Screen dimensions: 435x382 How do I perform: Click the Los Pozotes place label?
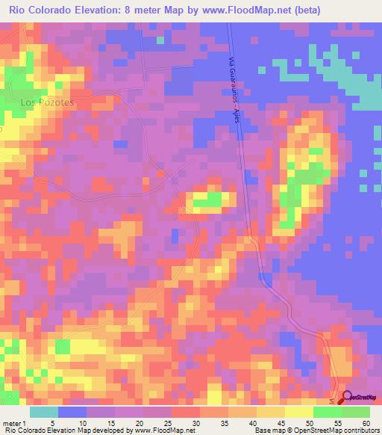[x=48, y=102]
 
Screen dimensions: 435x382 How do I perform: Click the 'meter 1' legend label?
[x=14, y=423]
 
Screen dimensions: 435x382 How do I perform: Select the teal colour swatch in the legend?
[x=43, y=412]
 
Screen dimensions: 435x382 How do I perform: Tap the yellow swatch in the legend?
[x=298, y=412]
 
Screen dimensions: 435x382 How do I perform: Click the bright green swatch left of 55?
[x=327, y=412]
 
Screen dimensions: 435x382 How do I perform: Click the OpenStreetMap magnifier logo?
[x=345, y=397]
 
